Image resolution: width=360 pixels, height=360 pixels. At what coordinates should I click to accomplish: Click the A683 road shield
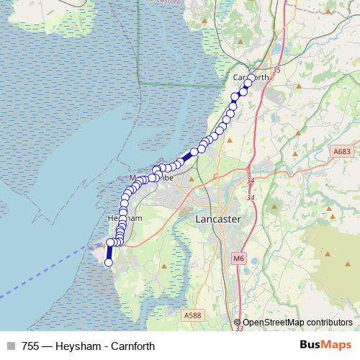(x=342, y=153)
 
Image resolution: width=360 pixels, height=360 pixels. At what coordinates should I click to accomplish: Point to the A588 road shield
(x=192, y=315)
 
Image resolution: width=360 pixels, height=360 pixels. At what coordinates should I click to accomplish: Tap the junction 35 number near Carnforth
(x=276, y=70)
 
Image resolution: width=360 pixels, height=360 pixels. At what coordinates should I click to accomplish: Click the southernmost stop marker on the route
(x=109, y=263)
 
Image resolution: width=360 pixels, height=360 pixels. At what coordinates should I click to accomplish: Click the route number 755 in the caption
(x=31, y=346)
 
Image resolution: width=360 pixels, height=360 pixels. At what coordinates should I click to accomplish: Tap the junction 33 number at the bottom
(x=239, y=328)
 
